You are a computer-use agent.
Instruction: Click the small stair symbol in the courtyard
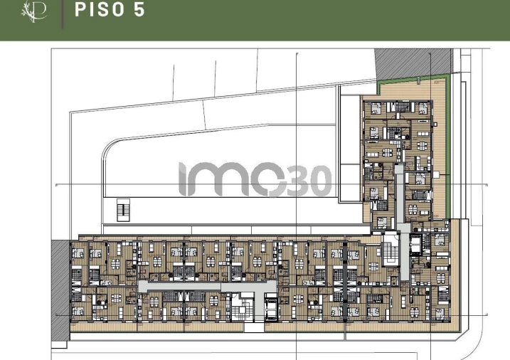(x=124, y=211)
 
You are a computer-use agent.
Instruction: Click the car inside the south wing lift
(x=272, y=309)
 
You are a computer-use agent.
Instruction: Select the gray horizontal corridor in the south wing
(x=206, y=285)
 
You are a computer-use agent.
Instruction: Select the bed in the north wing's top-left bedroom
(x=373, y=110)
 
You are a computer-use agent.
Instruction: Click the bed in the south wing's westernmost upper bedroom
(x=78, y=250)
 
